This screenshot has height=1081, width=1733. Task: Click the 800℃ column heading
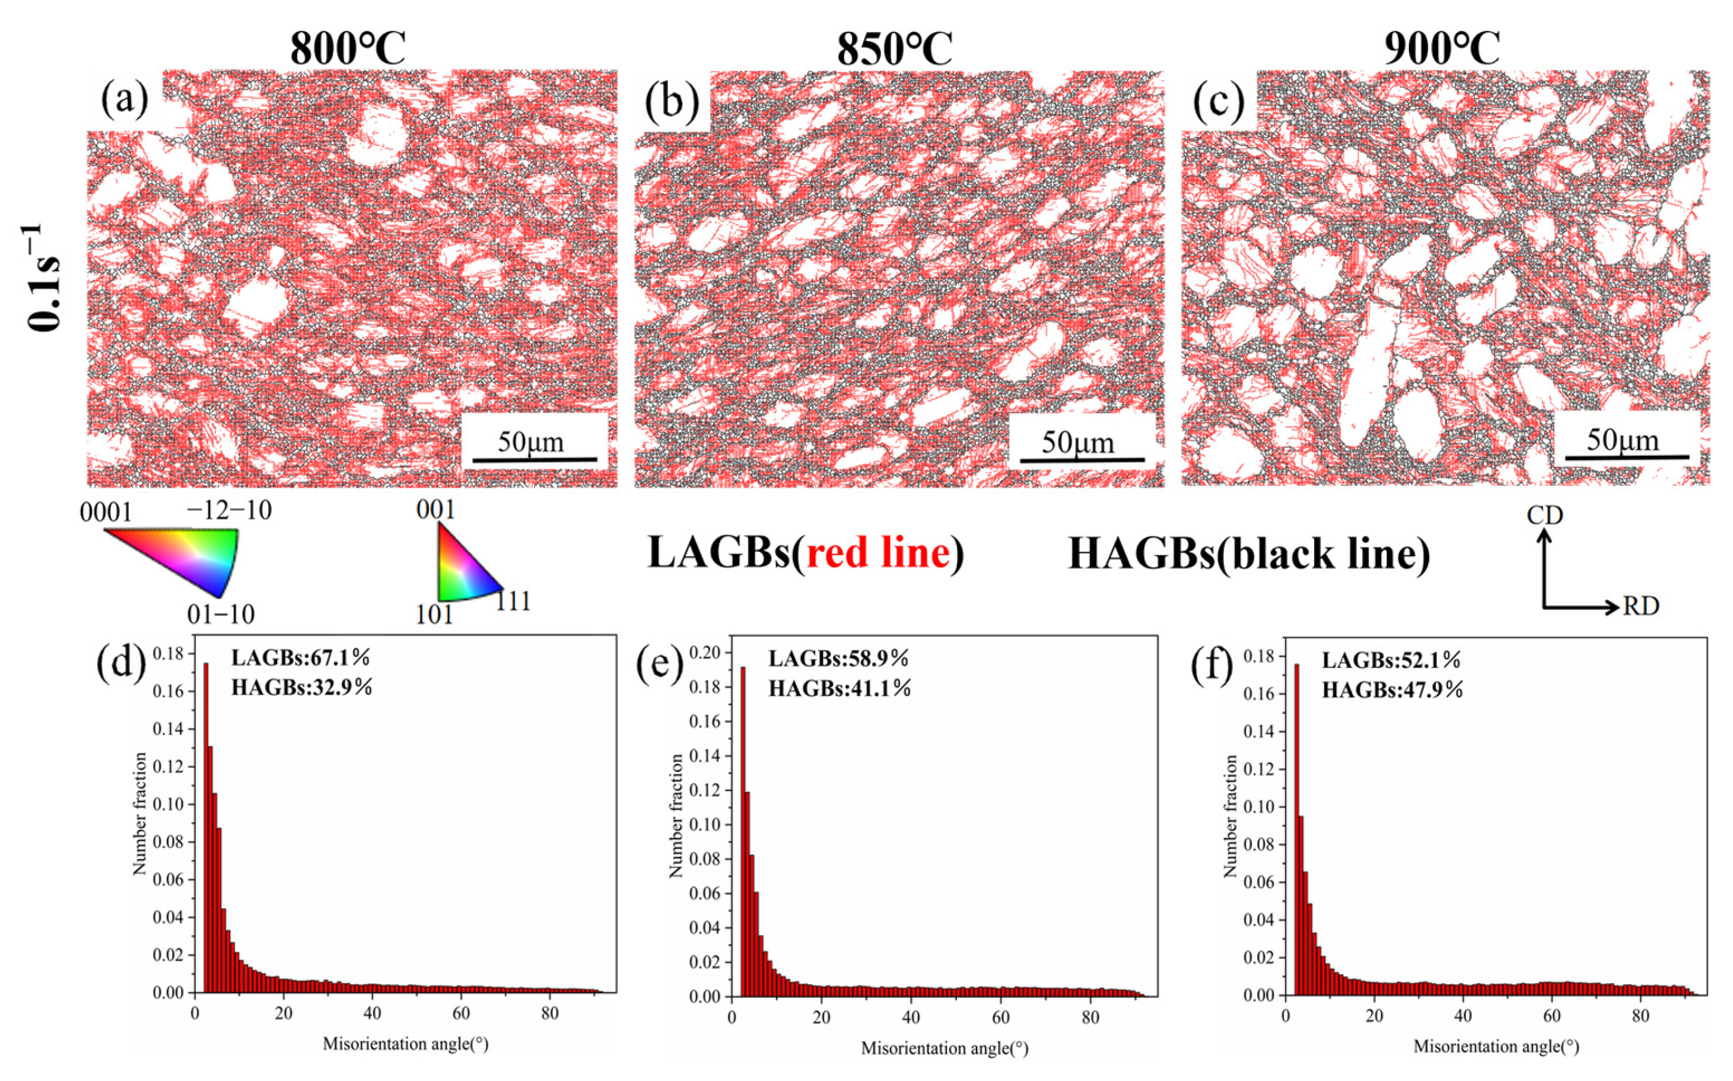pyautogui.click(x=348, y=49)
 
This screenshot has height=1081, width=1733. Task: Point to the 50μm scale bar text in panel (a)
pyautogui.click(x=530, y=442)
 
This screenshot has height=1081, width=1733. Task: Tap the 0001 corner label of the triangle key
pyautogui.click(x=106, y=513)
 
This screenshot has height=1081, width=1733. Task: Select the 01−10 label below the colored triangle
pyautogui.click(x=221, y=614)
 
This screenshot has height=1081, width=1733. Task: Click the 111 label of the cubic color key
pyautogui.click(x=513, y=601)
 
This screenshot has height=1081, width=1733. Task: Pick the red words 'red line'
pyautogui.click(x=879, y=554)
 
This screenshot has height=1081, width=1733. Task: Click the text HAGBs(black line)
pyautogui.click(x=1249, y=554)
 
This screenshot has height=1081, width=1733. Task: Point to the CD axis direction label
pyautogui.click(x=1545, y=515)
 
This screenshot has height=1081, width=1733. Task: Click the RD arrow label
pyautogui.click(x=1641, y=606)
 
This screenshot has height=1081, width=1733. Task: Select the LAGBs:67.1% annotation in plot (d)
pyautogui.click(x=300, y=656)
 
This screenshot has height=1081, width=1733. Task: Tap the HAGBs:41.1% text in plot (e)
pyautogui.click(x=840, y=688)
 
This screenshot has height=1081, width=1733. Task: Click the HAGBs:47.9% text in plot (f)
pyautogui.click(x=1392, y=690)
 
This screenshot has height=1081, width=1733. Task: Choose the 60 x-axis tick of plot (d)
pyautogui.click(x=461, y=1013)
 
